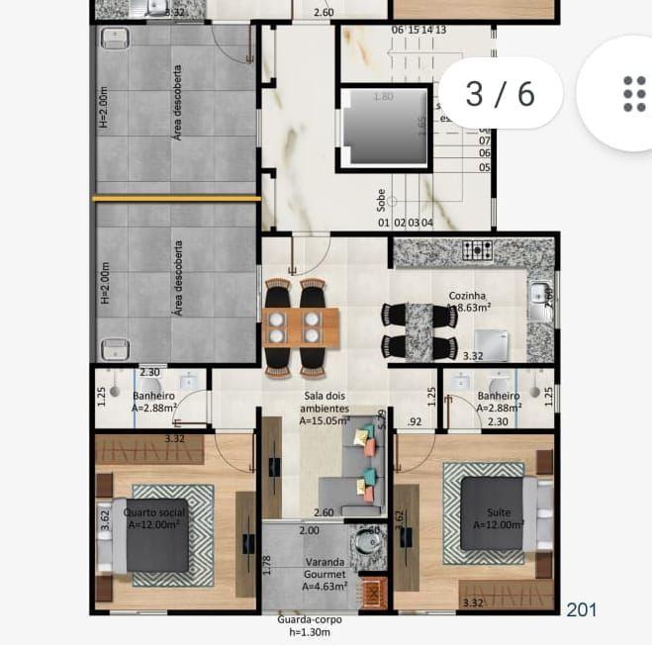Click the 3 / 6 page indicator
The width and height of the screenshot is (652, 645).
[500, 93]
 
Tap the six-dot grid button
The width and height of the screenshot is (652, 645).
[634, 93]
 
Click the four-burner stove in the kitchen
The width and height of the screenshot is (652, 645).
[479, 251]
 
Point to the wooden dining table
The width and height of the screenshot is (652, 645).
[301, 325]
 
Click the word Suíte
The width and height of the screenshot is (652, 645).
[499, 513]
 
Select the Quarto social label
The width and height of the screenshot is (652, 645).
[156, 513]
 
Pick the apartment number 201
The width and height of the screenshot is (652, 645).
[581, 610]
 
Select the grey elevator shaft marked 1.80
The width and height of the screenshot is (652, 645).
[386, 127]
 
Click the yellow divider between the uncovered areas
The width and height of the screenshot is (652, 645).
[176, 199]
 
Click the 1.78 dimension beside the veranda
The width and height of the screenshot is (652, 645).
[266, 565]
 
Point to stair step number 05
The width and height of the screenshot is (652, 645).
[485, 167]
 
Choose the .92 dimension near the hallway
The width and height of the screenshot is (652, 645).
[414, 422]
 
